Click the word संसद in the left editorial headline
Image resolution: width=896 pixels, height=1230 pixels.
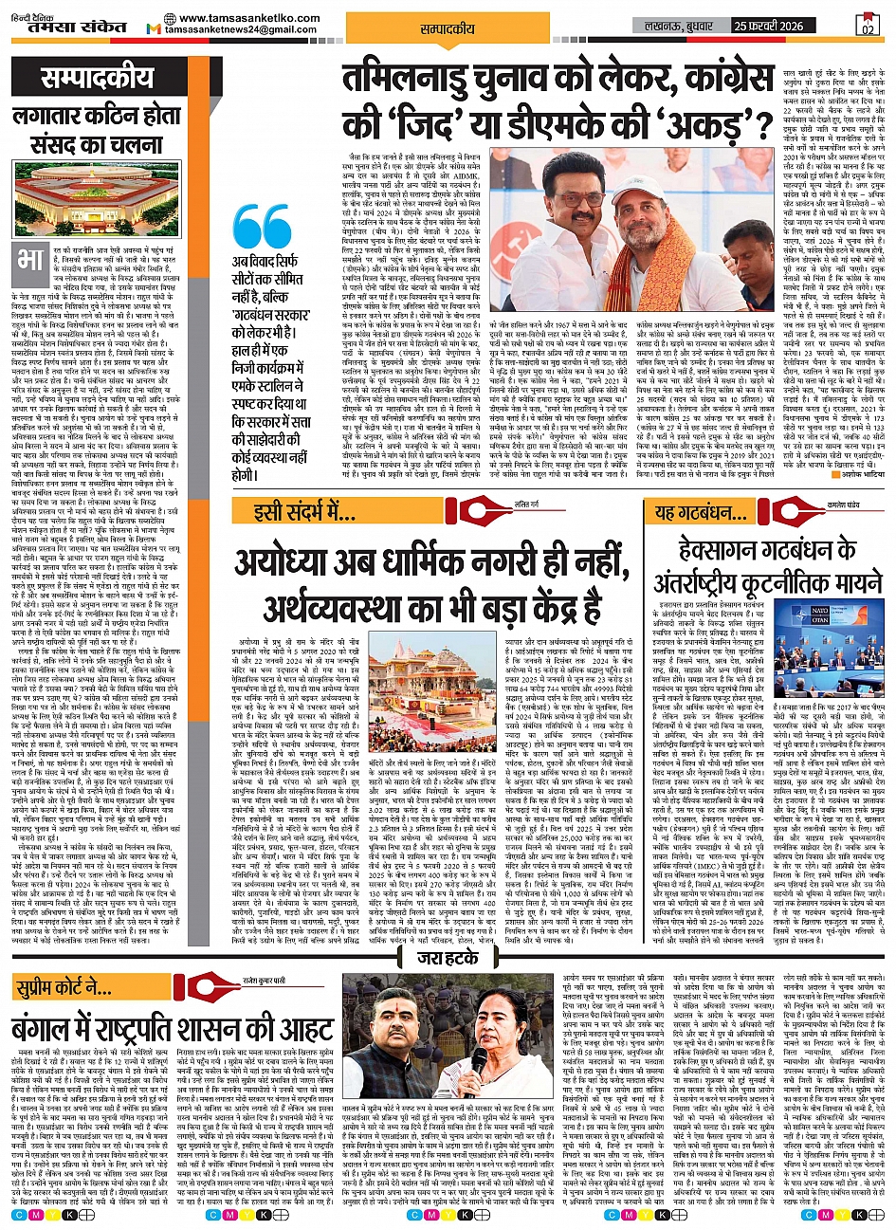click(x=45, y=147)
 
